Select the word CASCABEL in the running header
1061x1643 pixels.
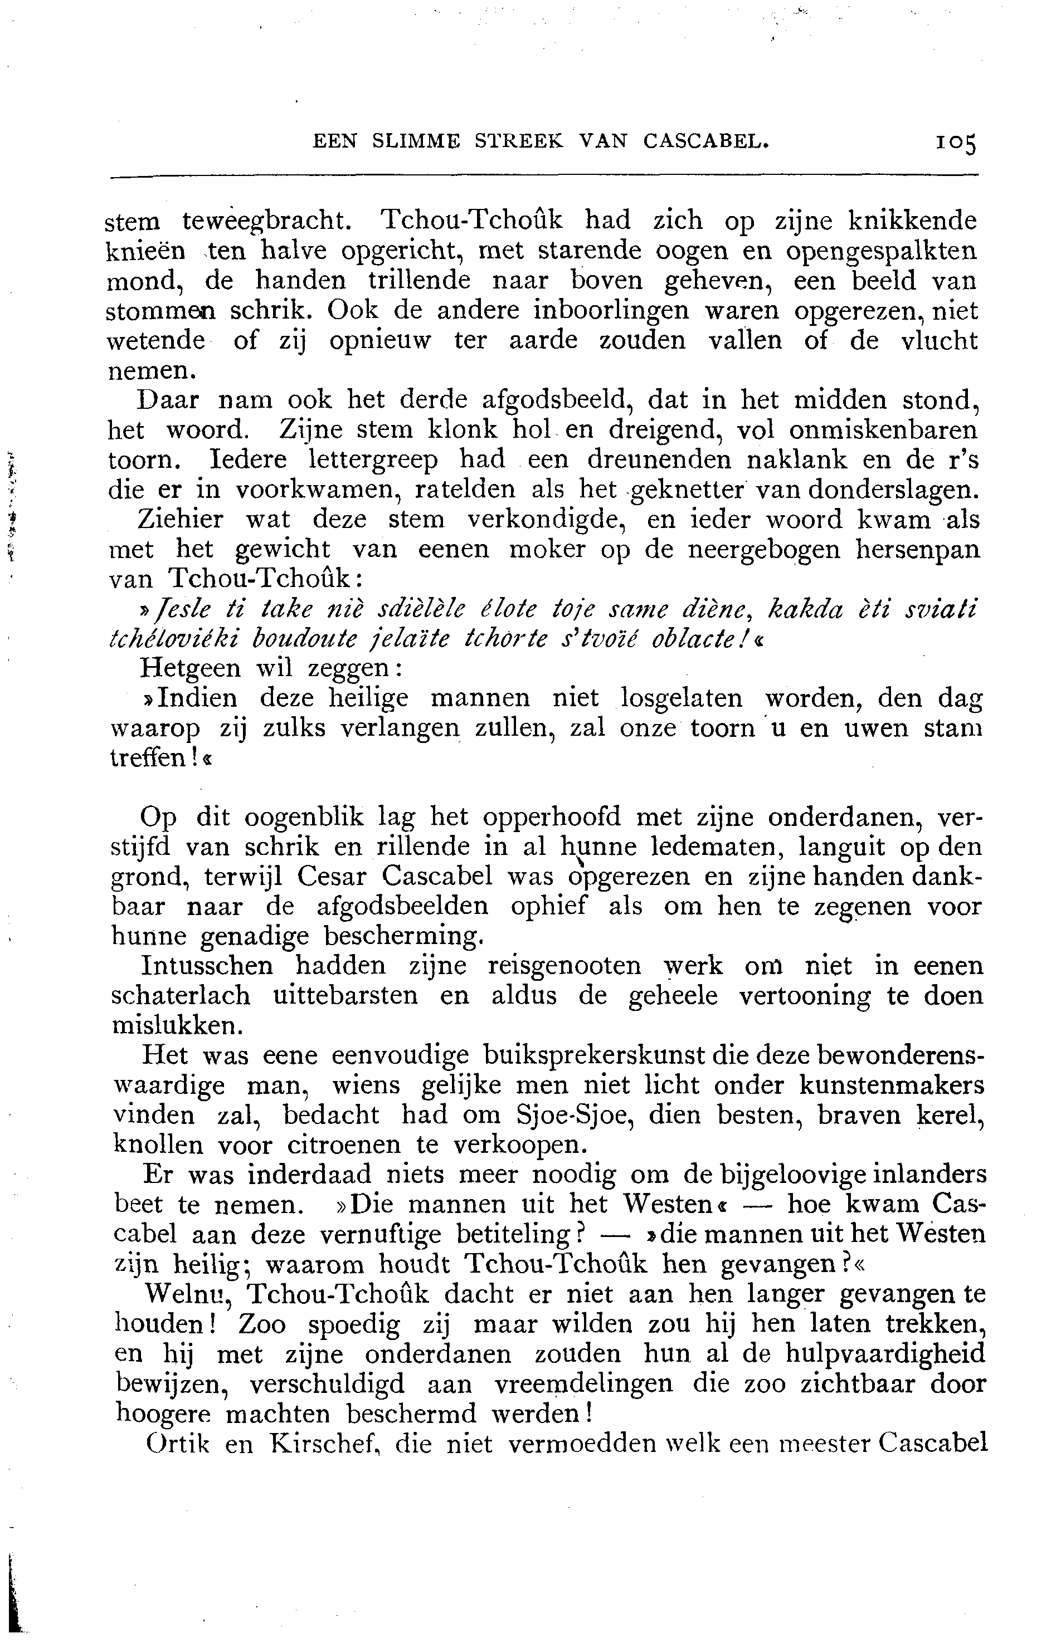pyautogui.click(x=705, y=140)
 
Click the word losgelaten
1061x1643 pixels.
pyautogui.click(x=682, y=698)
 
